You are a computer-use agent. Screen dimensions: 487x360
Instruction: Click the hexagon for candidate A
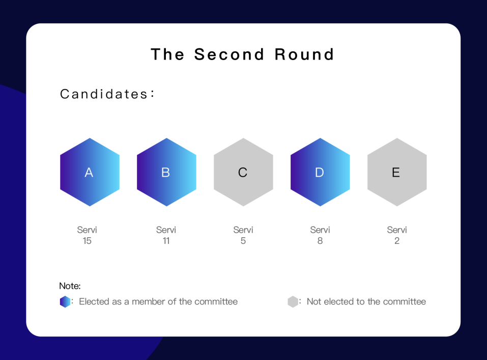point(90,172)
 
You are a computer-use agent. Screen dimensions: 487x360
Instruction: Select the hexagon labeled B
point(166,172)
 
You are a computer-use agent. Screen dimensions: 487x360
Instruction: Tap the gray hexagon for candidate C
point(243,172)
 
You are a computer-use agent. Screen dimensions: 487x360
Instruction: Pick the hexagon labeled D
point(320,172)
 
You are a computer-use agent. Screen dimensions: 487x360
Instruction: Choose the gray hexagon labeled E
point(397,172)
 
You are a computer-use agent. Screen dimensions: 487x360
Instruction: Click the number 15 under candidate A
point(87,241)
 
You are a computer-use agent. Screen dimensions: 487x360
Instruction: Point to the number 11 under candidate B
point(166,241)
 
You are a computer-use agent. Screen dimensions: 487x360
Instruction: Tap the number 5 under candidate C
point(243,241)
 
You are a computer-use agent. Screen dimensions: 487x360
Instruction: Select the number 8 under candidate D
point(320,241)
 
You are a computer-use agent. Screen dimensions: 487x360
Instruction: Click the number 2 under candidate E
point(397,241)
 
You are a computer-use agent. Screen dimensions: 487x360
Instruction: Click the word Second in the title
point(229,54)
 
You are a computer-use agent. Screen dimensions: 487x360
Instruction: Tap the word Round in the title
point(304,54)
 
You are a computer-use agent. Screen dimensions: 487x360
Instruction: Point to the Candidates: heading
point(107,94)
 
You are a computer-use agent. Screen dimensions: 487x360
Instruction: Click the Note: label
point(70,286)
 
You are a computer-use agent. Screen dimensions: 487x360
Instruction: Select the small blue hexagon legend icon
point(65,301)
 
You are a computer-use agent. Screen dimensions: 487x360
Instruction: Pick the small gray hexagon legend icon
point(293,301)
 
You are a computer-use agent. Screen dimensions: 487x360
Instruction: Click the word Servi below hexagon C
point(243,230)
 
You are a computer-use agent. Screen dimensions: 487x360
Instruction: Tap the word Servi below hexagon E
point(397,230)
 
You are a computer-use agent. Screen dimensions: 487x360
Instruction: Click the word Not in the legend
point(314,301)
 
